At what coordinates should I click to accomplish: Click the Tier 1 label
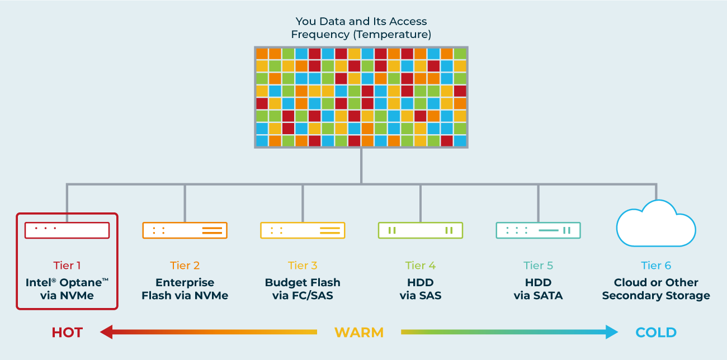click(67, 266)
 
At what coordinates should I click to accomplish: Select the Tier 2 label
click(185, 266)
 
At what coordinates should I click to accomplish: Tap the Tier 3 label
click(303, 266)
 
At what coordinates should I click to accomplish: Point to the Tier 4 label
click(421, 266)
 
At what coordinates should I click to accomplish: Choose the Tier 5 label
click(538, 266)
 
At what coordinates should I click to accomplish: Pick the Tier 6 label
click(656, 266)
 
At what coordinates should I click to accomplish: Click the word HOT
click(67, 333)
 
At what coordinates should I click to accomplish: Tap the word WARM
click(359, 333)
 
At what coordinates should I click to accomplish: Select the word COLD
click(656, 333)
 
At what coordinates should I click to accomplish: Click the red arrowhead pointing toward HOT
click(106, 332)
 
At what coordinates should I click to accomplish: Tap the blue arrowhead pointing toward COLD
click(612, 332)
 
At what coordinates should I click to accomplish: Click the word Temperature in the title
click(392, 34)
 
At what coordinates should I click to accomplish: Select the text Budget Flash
click(303, 282)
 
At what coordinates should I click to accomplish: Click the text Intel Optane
click(67, 282)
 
